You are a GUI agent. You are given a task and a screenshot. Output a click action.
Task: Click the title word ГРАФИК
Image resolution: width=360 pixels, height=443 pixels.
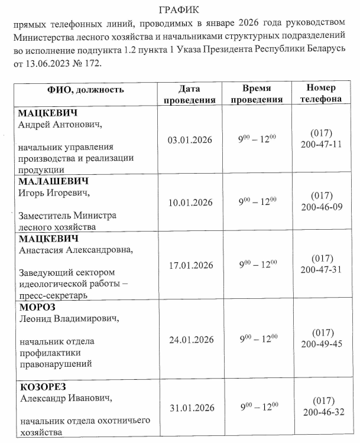pos(180,10)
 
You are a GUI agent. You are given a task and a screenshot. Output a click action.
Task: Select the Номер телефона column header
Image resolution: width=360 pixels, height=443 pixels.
pos(321,94)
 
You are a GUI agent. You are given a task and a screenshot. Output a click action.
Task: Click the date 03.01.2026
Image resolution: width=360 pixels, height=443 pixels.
pos(190,140)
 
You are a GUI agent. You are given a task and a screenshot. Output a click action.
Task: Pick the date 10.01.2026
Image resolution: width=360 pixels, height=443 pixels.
pos(190,202)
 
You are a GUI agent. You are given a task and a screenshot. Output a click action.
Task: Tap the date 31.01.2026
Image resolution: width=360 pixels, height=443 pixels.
pos(190,408)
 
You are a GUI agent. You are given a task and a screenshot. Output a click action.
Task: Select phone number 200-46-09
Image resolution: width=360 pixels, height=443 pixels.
pos(322,207)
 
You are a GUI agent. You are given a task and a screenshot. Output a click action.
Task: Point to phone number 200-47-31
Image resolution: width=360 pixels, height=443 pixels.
pos(322,269)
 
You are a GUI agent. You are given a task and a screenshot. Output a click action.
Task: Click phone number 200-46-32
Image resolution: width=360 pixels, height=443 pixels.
pos(322,412)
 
